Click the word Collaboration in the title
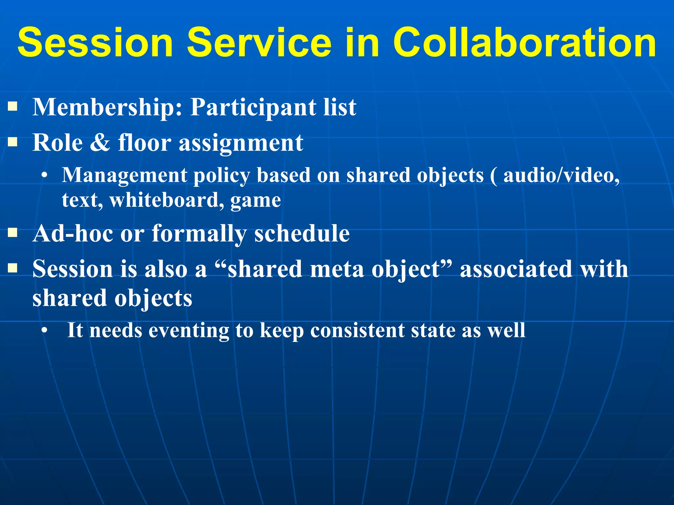524,43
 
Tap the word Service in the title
259,43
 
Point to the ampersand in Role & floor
100,143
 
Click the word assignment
241,143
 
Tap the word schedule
302,233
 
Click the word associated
516,269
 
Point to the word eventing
189,330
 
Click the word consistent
357,330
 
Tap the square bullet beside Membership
13,106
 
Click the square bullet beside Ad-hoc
13,232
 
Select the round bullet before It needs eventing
44,330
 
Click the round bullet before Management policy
44,176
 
